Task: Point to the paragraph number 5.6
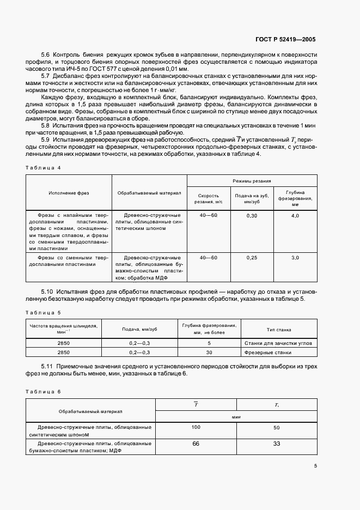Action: (x=46, y=56)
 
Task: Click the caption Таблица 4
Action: (x=44, y=167)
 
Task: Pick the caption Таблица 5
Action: (x=44, y=312)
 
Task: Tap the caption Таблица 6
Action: (x=44, y=392)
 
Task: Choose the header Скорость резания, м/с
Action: (x=208, y=198)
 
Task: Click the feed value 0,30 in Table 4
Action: (x=252, y=216)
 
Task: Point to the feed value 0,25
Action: (x=252, y=257)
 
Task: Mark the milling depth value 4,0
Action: (x=295, y=216)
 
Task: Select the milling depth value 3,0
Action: (x=295, y=257)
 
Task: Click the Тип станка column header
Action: (x=278, y=329)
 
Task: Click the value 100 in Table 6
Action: (x=196, y=427)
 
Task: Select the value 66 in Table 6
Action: (x=196, y=444)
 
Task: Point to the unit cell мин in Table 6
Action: (x=236, y=416)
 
